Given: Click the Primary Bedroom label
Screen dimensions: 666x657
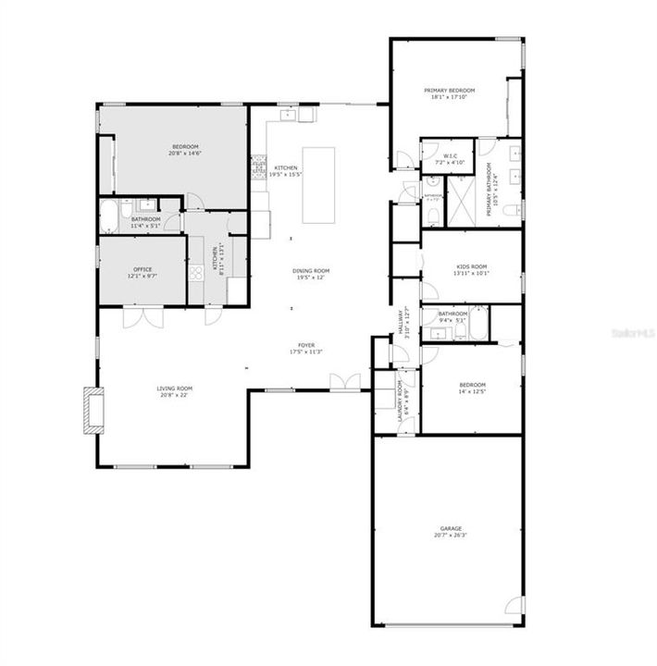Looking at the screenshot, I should (x=448, y=91).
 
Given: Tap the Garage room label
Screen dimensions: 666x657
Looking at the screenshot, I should (x=451, y=529).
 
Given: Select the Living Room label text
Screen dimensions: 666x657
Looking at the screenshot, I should (x=173, y=388).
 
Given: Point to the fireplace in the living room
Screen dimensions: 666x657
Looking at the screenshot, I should (x=93, y=410).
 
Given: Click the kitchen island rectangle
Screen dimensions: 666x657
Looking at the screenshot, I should (x=316, y=185).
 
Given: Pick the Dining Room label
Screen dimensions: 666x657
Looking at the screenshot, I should (x=312, y=271).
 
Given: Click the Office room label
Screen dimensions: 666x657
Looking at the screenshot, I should (x=142, y=270).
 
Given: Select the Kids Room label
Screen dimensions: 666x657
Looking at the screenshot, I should (x=471, y=266).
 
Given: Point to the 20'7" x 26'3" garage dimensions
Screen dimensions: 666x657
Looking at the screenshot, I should (x=451, y=536).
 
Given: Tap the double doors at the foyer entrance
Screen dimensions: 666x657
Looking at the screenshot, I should (x=346, y=382).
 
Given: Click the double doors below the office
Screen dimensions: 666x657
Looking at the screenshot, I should (x=143, y=316).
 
